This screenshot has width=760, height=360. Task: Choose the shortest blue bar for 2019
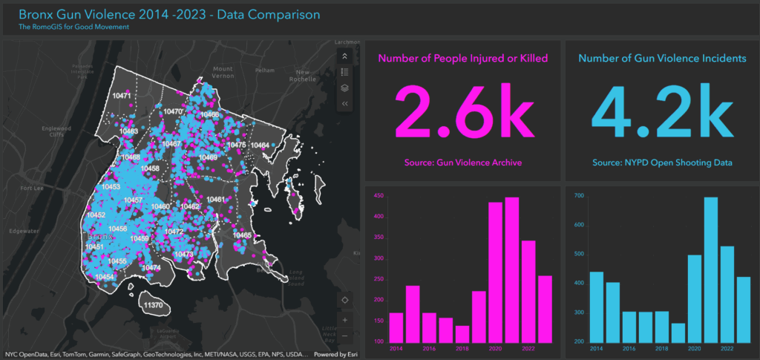(x=677, y=332)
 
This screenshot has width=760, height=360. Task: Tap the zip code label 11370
(x=153, y=305)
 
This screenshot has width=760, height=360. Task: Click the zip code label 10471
(x=122, y=96)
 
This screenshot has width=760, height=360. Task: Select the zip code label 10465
(x=242, y=235)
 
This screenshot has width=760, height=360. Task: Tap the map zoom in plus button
(x=345, y=321)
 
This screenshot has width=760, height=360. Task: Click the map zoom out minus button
(x=345, y=336)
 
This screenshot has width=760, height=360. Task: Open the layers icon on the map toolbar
(x=345, y=88)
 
